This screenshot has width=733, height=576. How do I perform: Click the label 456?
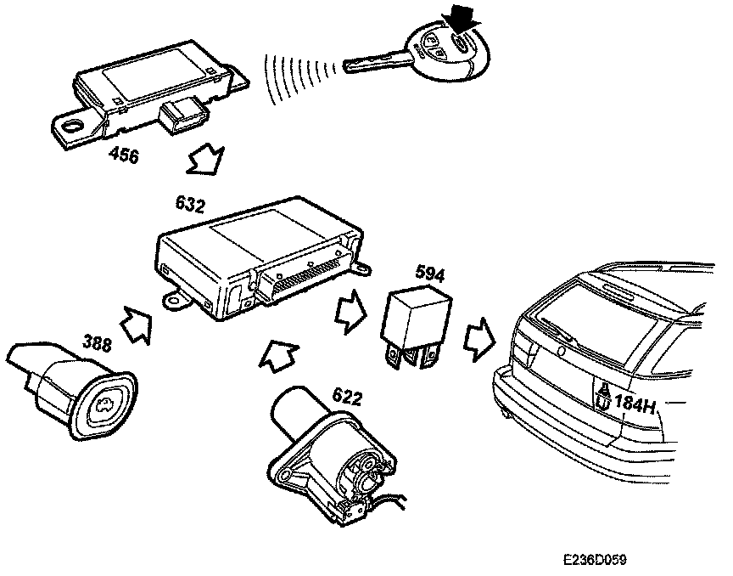124,156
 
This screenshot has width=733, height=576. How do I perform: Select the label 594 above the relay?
429,274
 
